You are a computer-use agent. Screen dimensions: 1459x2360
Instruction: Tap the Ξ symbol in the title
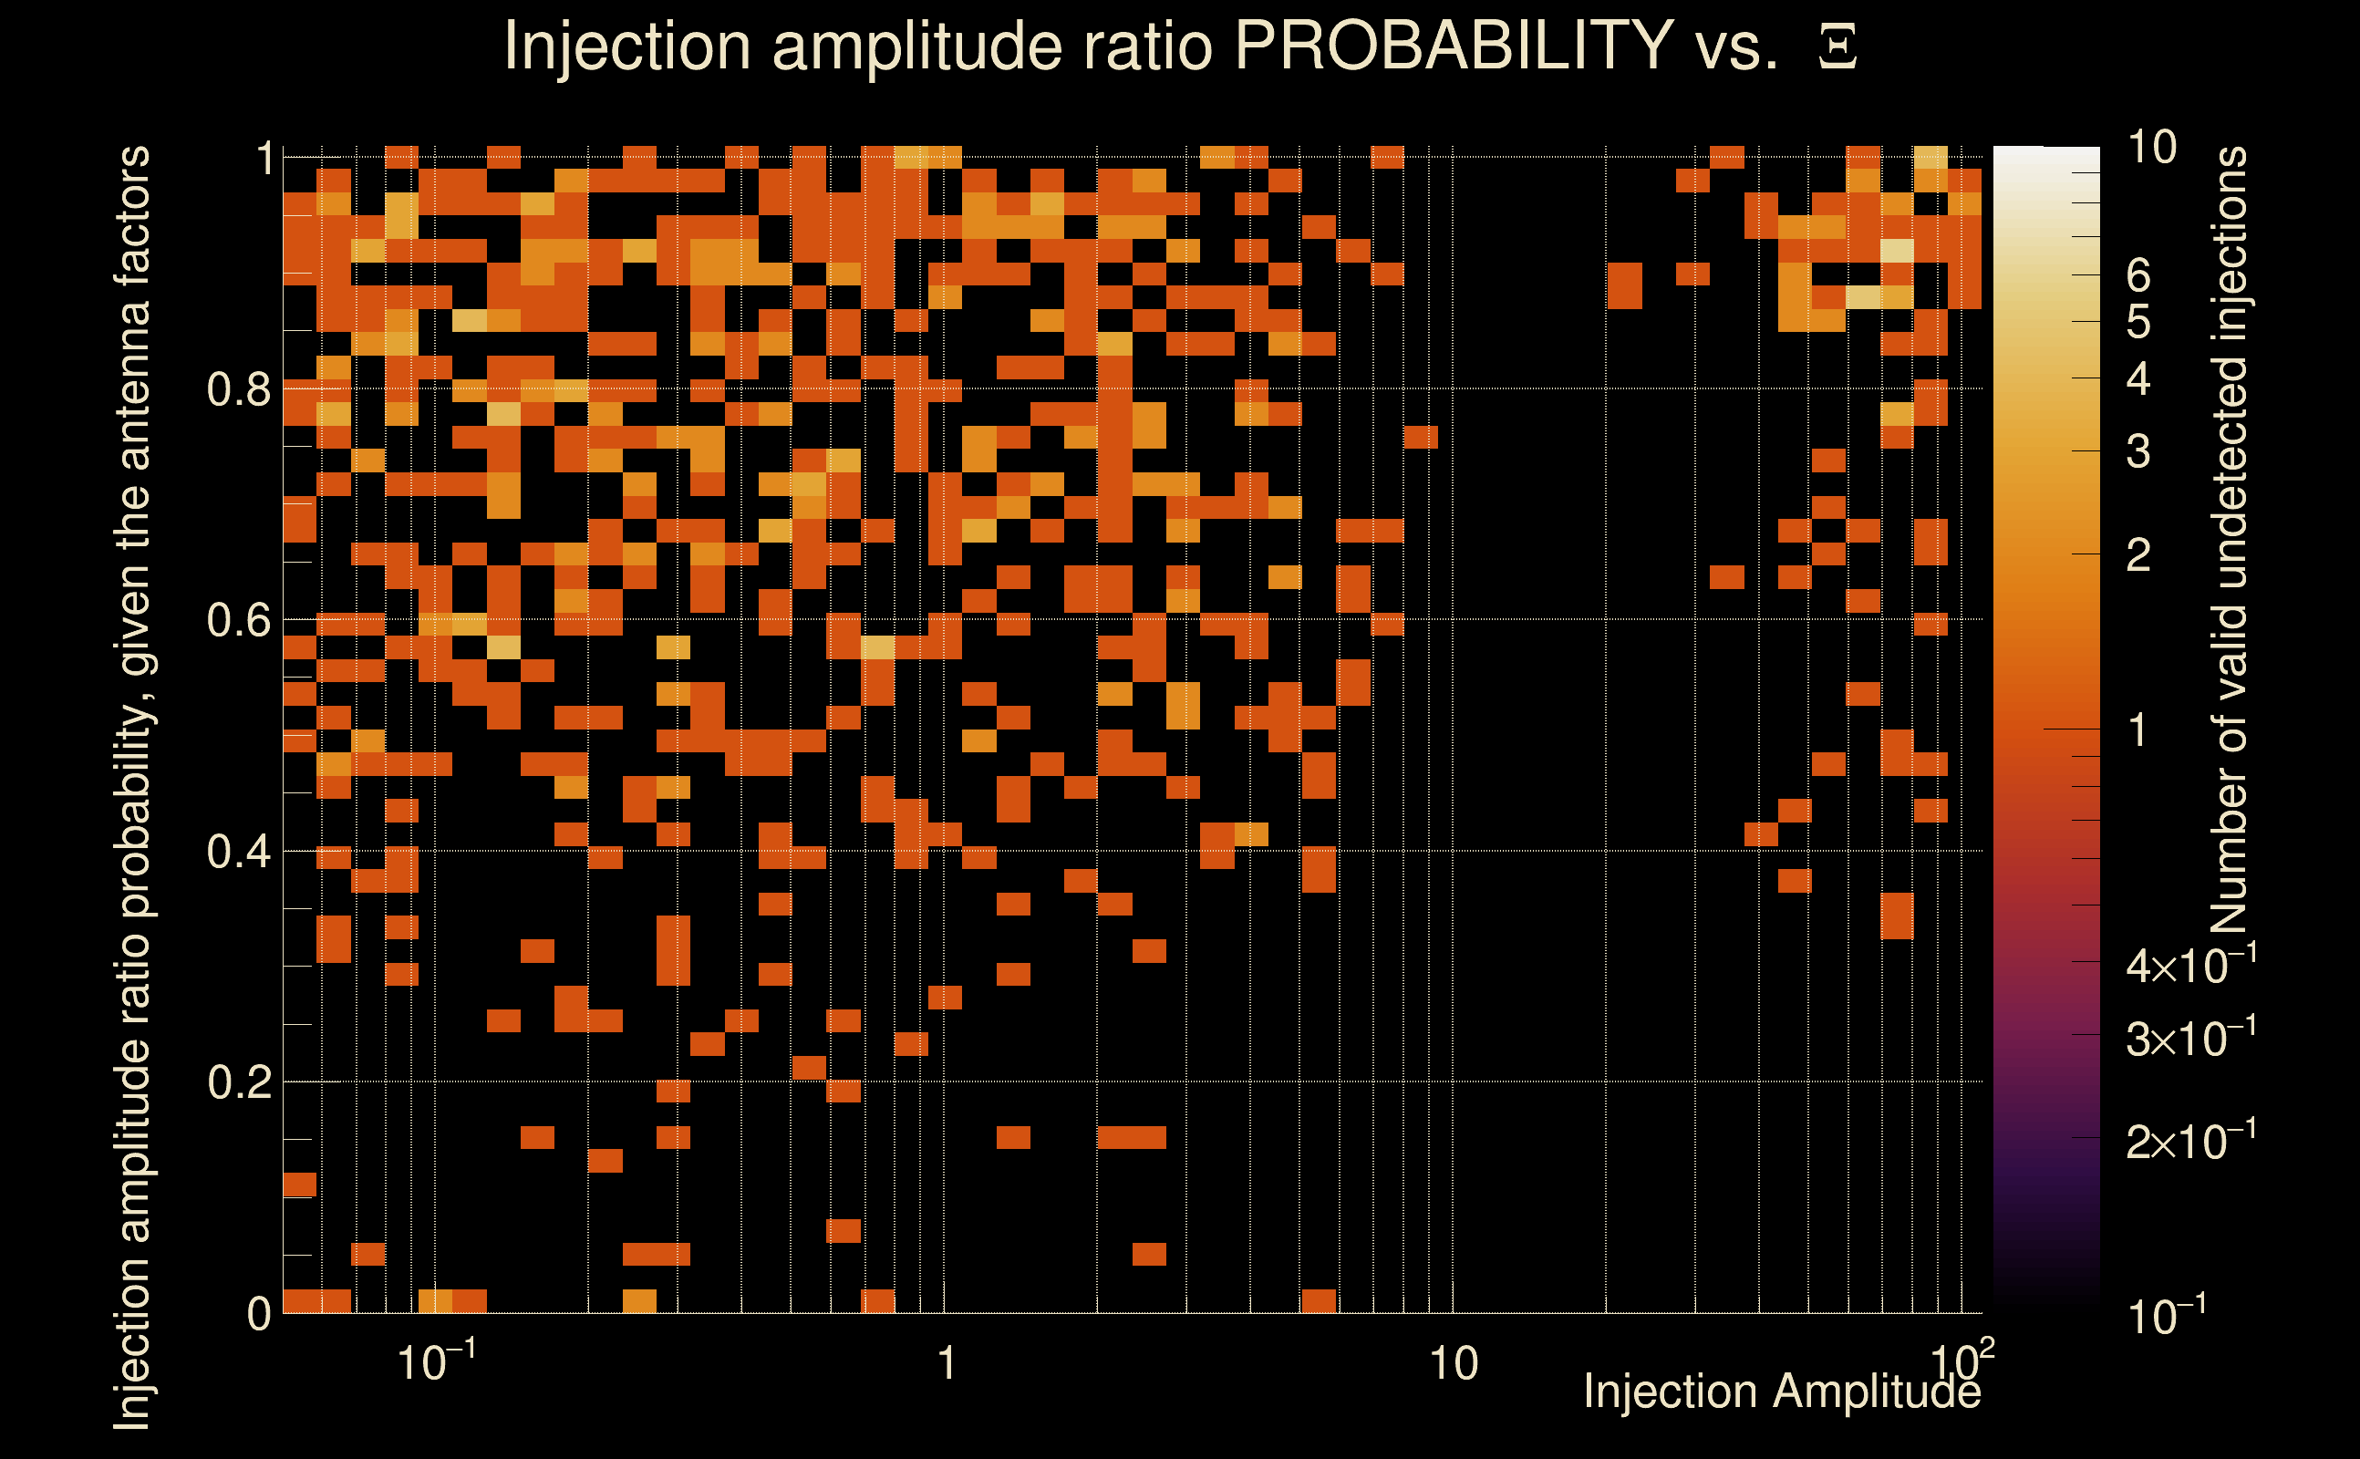(1837, 47)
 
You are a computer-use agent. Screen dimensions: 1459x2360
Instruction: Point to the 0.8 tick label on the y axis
(238, 390)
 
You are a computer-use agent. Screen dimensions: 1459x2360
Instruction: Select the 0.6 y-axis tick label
(238, 620)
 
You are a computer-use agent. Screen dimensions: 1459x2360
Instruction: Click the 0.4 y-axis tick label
(238, 852)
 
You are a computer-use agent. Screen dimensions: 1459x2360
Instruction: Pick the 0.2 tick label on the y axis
(238, 1082)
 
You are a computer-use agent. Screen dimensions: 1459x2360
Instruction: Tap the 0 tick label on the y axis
(259, 1314)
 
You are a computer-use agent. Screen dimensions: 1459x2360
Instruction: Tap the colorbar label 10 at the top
(2151, 149)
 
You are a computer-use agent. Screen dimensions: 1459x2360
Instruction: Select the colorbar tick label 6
(2138, 276)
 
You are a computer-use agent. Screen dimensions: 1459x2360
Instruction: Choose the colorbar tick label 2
(2138, 556)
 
